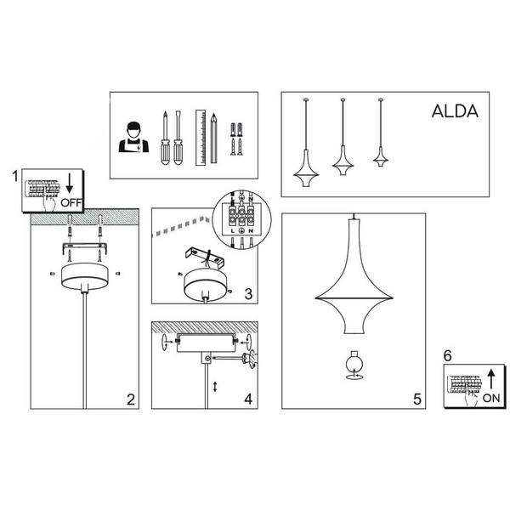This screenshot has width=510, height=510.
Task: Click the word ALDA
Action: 455,111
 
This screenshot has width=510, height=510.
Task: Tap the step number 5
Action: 416,398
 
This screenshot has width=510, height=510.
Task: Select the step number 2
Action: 130,399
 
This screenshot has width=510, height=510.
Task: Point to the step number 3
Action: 247,294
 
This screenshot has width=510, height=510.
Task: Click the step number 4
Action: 247,397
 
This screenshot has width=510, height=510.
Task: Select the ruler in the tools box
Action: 201,136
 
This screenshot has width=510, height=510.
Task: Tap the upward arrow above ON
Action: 491,378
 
